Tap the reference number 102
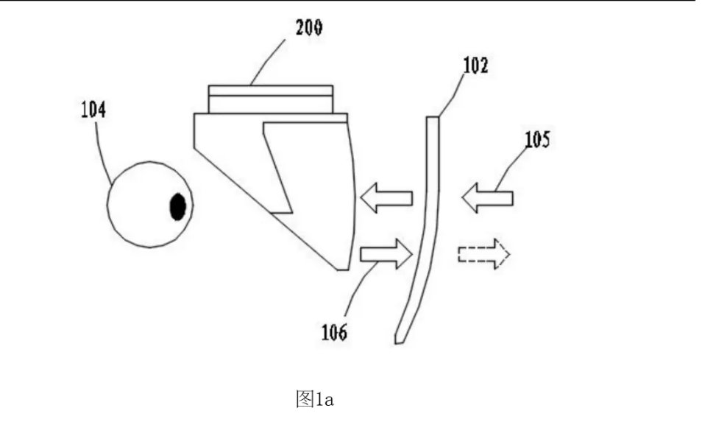[x=475, y=67]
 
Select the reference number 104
[x=94, y=111]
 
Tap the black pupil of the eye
[x=177, y=207]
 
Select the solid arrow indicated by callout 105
[x=487, y=197]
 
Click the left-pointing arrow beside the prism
[x=386, y=197]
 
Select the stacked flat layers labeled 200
[x=270, y=99]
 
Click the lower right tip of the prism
[x=343, y=269]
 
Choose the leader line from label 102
[x=452, y=94]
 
